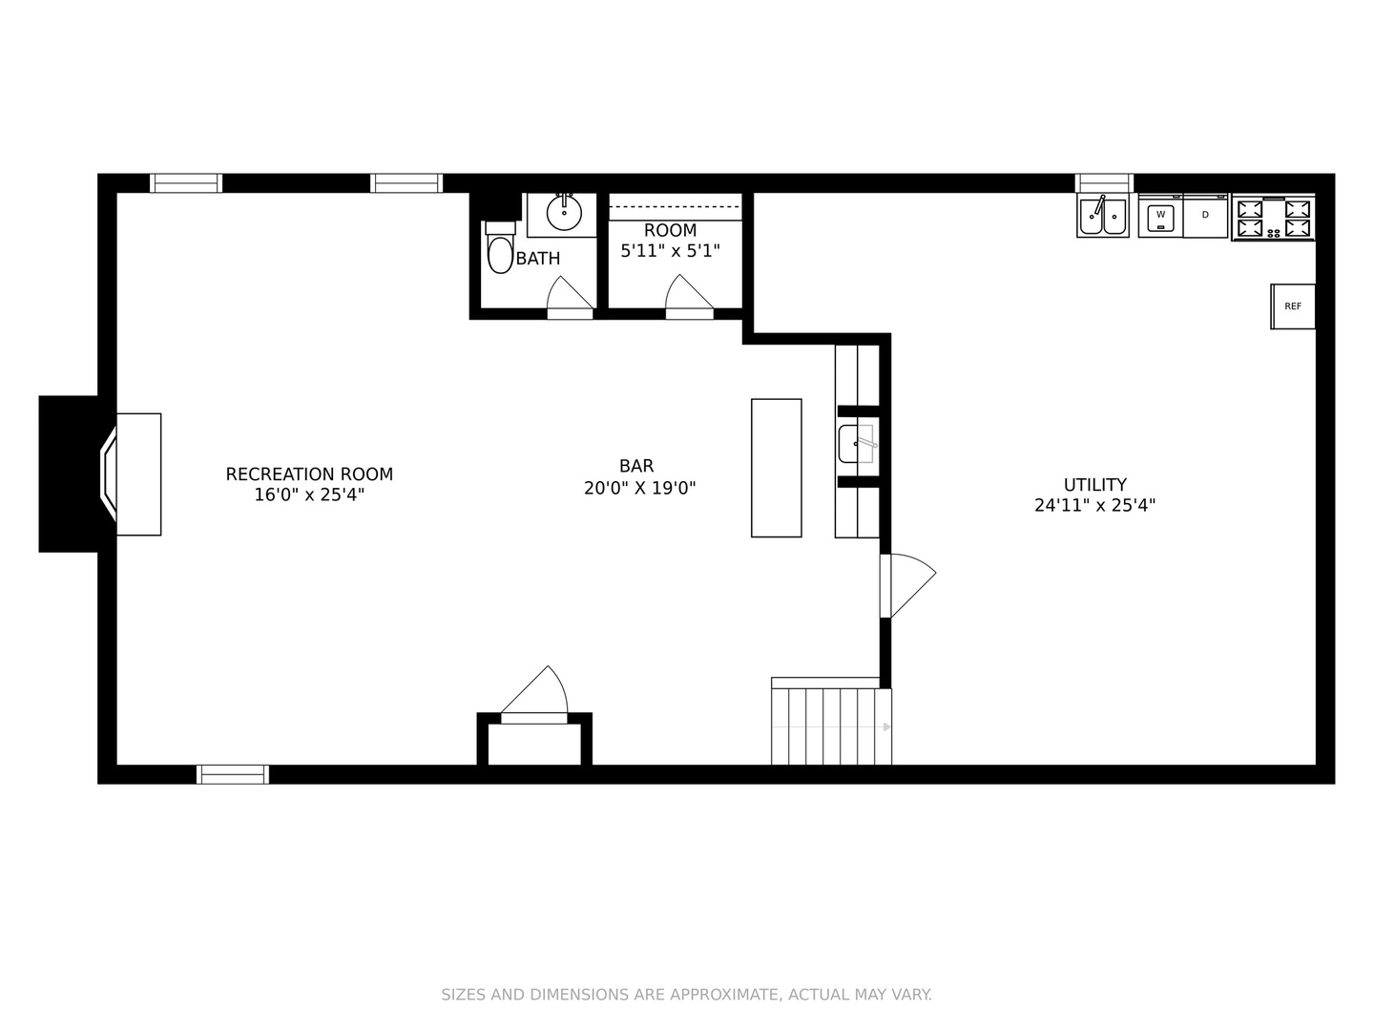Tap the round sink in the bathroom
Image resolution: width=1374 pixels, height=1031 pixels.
pyautogui.click(x=563, y=213)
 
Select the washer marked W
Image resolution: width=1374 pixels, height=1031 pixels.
pyautogui.click(x=1160, y=216)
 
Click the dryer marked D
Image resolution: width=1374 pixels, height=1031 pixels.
pyautogui.click(x=1205, y=216)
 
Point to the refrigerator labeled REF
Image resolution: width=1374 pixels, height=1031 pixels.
pyautogui.click(x=1292, y=306)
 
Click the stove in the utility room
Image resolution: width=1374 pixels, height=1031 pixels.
pyautogui.click(x=1273, y=218)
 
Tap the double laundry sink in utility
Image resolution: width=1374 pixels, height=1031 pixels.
pyautogui.click(x=1102, y=216)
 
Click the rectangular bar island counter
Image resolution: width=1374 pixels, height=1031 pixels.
pyautogui.click(x=776, y=468)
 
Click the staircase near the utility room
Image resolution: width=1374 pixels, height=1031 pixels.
pyautogui.click(x=831, y=726)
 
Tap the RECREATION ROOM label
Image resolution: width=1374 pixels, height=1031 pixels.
pyautogui.click(x=309, y=473)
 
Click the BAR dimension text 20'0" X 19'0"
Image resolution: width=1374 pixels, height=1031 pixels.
pyautogui.click(x=639, y=488)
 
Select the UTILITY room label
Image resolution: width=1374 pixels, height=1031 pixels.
pyautogui.click(x=1094, y=485)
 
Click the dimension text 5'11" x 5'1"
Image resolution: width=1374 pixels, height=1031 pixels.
pyautogui.click(x=670, y=250)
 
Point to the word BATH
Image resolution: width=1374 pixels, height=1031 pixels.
pyautogui.click(x=538, y=259)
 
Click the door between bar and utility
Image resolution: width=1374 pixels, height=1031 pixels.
pyautogui.click(x=907, y=585)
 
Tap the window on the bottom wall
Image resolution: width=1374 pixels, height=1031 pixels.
pyautogui.click(x=233, y=774)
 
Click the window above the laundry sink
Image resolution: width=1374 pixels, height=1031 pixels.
pyautogui.click(x=1104, y=182)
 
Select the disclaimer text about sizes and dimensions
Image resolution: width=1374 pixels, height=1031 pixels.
pyautogui.click(x=687, y=994)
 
